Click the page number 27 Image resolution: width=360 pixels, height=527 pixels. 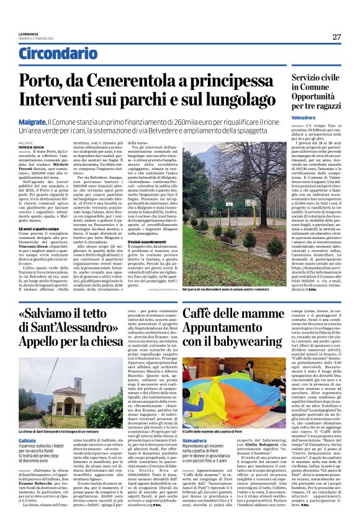click(336, 36)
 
